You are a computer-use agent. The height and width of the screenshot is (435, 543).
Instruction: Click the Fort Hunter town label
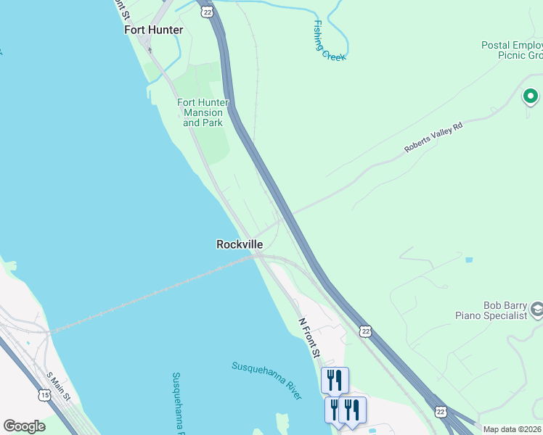click(x=154, y=30)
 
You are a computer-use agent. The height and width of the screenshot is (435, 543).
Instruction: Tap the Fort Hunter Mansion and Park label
click(x=203, y=112)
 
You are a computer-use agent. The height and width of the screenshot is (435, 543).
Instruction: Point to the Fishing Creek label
click(x=328, y=40)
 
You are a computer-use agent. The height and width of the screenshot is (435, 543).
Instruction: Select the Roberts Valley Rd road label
click(x=433, y=137)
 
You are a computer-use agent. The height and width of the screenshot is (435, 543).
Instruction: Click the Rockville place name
click(x=240, y=244)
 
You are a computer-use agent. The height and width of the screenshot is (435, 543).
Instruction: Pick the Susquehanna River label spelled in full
click(x=267, y=379)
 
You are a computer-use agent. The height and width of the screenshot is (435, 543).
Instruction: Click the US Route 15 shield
click(x=45, y=395)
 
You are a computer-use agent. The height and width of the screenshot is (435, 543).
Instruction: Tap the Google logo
click(x=24, y=426)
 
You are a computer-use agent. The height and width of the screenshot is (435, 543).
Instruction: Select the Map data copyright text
click(x=513, y=429)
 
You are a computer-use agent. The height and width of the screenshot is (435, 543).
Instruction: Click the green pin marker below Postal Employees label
click(x=531, y=96)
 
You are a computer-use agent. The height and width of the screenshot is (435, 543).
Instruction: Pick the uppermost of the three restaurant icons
click(x=335, y=379)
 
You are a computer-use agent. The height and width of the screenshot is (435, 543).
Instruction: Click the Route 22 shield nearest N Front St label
click(x=365, y=331)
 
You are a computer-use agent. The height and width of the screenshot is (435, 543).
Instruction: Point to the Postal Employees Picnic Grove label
click(x=512, y=50)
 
